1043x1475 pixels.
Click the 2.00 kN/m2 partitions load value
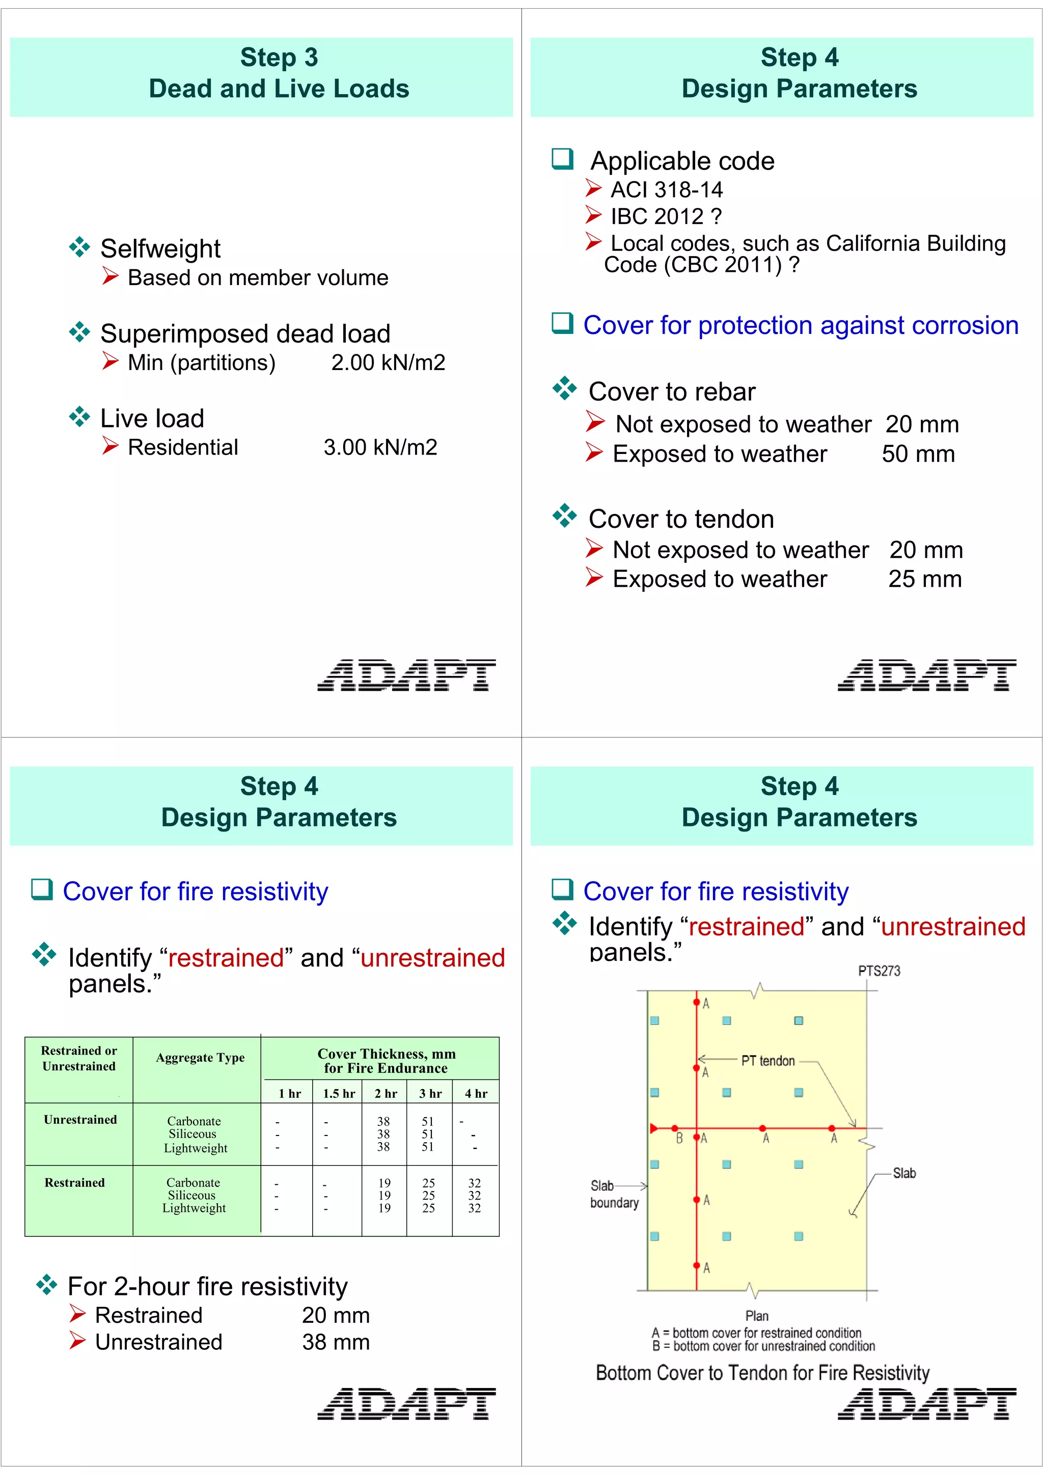pyautogui.click(x=388, y=363)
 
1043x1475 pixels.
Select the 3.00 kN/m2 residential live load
pyautogui.click(x=380, y=448)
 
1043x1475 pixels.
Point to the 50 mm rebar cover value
pyautogui.click(x=918, y=454)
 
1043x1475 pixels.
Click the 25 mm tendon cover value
pyautogui.click(x=924, y=579)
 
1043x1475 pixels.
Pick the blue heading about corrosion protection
pyautogui.click(x=800, y=326)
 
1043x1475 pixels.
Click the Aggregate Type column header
pyautogui.click(x=200, y=1058)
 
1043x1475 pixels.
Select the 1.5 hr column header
pyautogui.click(x=339, y=1093)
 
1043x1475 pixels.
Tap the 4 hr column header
pyautogui.click(x=476, y=1093)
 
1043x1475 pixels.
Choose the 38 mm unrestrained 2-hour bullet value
pyautogui.click(x=336, y=1342)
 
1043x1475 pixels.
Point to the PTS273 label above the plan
pyautogui.click(x=879, y=971)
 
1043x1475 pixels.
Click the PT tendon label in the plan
pyautogui.click(x=768, y=1061)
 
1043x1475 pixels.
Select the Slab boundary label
pyautogui.click(x=614, y=1194)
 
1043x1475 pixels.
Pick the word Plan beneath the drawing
pyautogui.click(x=757, y=1316)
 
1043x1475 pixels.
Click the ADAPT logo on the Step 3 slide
pyautogui.click(x=406, y=675)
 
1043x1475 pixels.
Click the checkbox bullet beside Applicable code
pyautogui.click(x=562, y=159)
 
